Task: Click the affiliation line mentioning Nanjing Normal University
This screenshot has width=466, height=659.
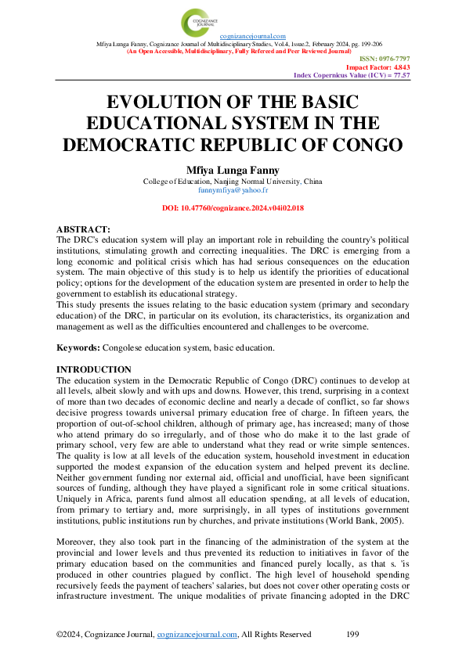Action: [x=232, y=182]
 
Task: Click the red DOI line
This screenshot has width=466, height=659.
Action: [x=232, y=208]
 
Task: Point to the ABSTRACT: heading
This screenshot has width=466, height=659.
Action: [x=84, y=227]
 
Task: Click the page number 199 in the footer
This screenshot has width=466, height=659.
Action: [x=352, y=634]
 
